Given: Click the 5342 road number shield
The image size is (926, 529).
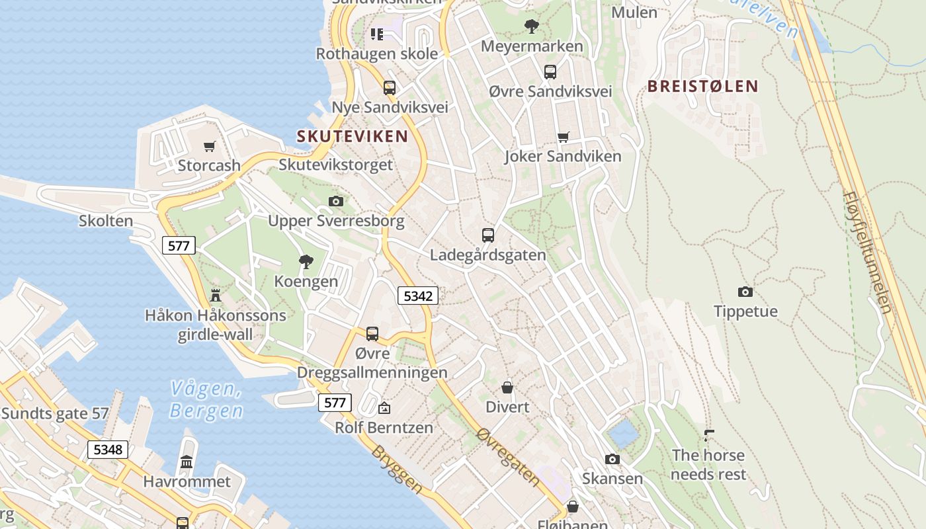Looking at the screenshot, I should (418, 296).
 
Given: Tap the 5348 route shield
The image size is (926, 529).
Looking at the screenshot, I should (108, 450).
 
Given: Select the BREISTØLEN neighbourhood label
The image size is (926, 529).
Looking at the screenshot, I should (702, 86).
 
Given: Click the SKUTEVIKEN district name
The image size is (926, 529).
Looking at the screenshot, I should (352, 137).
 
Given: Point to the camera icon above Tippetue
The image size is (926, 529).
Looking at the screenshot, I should (745, 292).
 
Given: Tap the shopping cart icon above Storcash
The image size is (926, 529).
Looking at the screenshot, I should (210, 146).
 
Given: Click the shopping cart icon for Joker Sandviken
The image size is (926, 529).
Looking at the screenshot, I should (563, 138).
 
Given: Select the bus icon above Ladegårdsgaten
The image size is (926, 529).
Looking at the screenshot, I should (488, 235).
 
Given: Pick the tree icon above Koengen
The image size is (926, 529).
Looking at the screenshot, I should (306, 262).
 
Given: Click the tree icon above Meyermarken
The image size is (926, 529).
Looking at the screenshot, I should (531, 27).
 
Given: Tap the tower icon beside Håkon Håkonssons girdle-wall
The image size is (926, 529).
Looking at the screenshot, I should (215, 295).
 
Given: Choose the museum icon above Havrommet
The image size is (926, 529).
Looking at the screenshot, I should (187, 462).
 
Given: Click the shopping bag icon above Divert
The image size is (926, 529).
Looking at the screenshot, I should (507, 387).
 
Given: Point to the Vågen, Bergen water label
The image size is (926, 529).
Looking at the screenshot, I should (206, 399).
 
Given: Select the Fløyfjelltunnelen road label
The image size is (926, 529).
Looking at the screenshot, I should (868, 252).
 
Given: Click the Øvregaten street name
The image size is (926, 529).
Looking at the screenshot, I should (508, 456).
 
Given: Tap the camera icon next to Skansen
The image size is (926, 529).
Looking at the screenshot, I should (612, 459).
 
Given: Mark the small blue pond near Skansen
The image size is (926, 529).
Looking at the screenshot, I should (622, 434).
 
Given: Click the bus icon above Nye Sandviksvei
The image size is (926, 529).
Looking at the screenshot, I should (390, 87).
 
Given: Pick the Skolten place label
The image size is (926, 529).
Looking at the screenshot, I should (106, 221).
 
